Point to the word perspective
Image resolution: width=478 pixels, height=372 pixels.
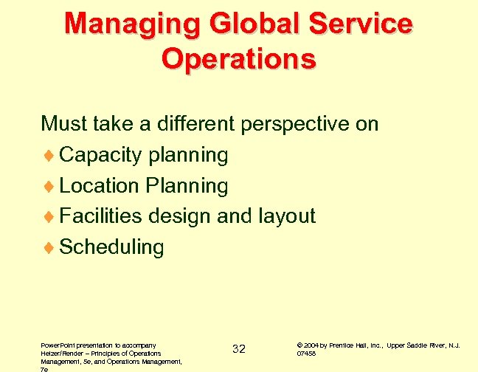pos(294,123)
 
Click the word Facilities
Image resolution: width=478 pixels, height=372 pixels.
pos(101,216)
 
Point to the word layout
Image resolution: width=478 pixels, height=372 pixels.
pos(287,216)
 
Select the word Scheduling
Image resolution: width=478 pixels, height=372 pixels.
pos(111,247)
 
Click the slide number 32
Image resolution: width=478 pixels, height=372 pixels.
pos(239,348)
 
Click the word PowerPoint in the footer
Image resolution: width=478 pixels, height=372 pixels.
pos(58,345)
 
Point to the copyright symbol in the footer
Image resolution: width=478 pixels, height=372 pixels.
pos(299,345)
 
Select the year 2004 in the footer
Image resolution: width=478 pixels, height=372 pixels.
pos(311,345)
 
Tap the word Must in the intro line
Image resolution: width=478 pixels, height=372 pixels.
pos(61,123)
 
